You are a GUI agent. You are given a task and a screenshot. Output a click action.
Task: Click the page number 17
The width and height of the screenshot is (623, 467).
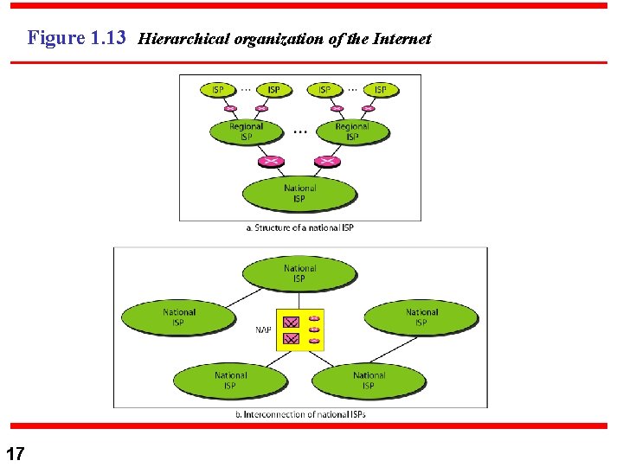point(15,453)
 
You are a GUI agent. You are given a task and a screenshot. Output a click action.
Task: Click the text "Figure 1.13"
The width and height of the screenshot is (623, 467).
point(77,38)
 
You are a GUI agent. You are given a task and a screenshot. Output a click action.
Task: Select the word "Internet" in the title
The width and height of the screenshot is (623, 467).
point(401,39)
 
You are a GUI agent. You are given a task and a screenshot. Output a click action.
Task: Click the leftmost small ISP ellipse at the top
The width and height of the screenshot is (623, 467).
point(218,89)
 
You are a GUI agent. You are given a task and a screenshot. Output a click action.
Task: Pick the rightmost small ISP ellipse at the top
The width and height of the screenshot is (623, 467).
point(380,89)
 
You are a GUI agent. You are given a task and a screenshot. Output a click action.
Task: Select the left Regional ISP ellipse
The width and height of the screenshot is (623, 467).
point(247,131)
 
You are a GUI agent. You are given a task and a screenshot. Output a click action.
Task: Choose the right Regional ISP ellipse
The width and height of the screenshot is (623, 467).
point(352,131)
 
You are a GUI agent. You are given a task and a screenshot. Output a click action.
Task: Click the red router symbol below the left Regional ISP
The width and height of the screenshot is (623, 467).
point(273,161)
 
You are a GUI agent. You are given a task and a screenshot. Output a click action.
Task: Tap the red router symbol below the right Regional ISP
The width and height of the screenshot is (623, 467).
point(326,161)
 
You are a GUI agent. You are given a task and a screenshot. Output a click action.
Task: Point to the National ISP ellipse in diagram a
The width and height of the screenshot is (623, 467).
point(299,194)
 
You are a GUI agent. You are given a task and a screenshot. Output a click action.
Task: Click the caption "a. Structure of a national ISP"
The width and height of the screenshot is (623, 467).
point(299,227)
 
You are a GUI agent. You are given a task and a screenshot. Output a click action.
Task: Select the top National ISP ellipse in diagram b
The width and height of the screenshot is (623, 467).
point(299,273)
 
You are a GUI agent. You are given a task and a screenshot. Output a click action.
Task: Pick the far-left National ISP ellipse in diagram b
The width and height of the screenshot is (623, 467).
point(178,317)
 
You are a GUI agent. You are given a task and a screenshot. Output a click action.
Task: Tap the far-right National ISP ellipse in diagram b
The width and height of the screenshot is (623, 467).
point(421,317)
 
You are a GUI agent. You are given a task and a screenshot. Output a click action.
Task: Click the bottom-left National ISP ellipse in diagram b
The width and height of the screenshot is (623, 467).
point(230,381)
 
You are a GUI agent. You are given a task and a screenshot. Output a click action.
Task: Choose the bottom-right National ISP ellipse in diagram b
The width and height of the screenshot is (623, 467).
point(369,381)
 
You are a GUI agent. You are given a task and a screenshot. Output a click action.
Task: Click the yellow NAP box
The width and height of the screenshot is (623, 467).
point(300,329)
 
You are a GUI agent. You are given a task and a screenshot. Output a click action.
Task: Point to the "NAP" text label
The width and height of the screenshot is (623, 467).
point(263,329)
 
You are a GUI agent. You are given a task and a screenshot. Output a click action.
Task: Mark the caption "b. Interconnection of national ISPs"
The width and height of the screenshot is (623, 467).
point(300,414)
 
